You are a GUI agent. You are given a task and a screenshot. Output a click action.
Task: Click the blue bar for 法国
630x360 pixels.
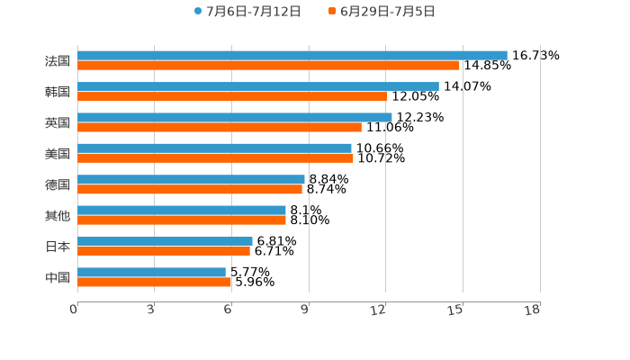click(292, 55)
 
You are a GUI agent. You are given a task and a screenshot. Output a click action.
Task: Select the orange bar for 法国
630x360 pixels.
click(268, 65)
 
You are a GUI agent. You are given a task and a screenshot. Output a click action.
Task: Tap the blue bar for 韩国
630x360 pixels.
click(258, 86)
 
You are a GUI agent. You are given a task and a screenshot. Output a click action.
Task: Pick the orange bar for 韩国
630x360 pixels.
click(232, 96)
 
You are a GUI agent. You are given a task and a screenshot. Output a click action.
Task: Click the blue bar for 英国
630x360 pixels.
click(235, 117)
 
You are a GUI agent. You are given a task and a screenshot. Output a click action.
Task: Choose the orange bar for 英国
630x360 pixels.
click(220, 127)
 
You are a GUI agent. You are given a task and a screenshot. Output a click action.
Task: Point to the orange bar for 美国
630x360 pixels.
click(215, 157)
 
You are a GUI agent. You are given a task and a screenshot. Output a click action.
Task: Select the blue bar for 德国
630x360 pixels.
click(191, 179)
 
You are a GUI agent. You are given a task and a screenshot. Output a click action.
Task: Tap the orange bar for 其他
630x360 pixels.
click(182, 220)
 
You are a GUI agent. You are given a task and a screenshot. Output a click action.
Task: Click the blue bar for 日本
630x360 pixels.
click(165, 241)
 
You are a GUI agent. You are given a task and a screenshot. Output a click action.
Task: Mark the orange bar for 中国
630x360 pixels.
click(155, 282)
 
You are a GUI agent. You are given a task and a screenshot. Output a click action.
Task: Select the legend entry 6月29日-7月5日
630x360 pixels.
click(382, 12)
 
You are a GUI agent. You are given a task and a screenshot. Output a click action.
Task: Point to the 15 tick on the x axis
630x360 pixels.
click(456, 310)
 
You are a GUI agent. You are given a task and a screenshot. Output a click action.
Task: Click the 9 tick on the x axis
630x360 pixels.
click(305, 310)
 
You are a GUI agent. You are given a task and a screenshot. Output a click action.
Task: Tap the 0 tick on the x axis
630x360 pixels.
click(74, 310)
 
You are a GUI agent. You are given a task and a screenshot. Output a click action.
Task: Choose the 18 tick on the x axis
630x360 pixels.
click(533, 310)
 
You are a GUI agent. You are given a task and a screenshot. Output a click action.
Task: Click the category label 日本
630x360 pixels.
click(58, 247)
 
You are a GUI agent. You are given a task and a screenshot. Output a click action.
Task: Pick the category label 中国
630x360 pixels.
click(58, 277)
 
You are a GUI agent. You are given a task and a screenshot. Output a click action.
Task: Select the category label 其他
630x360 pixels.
click(58, 215)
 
